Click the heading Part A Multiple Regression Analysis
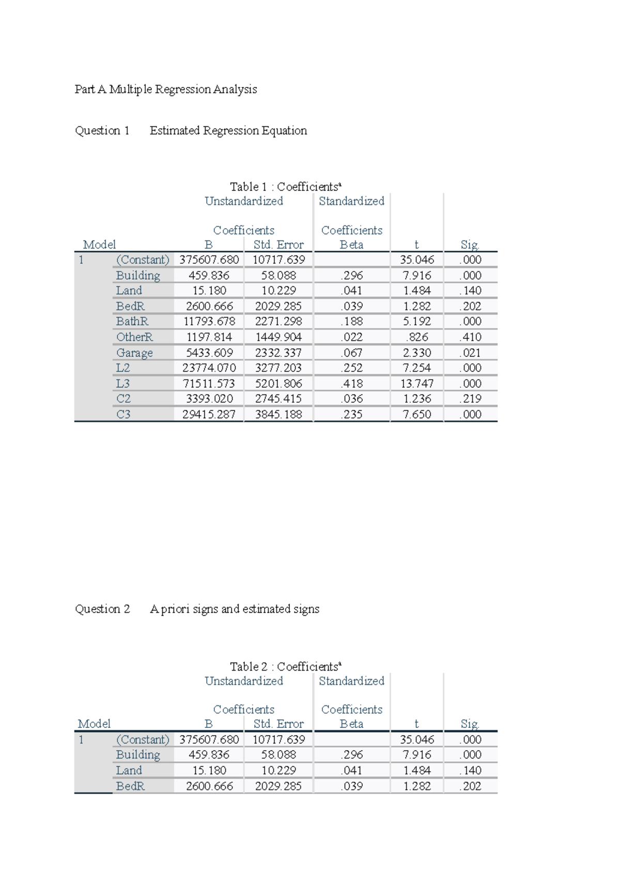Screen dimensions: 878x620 point(165,89)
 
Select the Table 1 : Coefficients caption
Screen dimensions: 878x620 point(285,187)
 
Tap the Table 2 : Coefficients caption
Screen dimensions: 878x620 point(285,667)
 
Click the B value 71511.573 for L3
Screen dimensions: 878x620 point(209,384)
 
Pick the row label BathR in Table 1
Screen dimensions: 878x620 point(132,322)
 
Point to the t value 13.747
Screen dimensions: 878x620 point(416,384)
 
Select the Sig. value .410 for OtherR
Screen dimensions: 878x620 point(470,337)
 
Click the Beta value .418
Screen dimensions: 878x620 point(351,384)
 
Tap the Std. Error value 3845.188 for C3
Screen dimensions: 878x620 point(278,415)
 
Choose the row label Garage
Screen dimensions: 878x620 point(134,353)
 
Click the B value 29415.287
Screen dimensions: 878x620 point(209,415)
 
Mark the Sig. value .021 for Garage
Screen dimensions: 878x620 point(470,353)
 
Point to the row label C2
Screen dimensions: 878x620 point(123,399)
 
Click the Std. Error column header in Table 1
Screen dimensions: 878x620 point(278,245)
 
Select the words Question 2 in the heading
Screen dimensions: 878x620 point(102,609)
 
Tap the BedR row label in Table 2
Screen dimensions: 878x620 point(130,786)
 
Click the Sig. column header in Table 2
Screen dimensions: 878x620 point(470,724)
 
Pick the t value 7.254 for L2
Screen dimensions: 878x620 point(416,368)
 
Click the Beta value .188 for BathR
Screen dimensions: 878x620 point(351,322)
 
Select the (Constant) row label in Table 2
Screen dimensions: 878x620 point(143,739)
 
